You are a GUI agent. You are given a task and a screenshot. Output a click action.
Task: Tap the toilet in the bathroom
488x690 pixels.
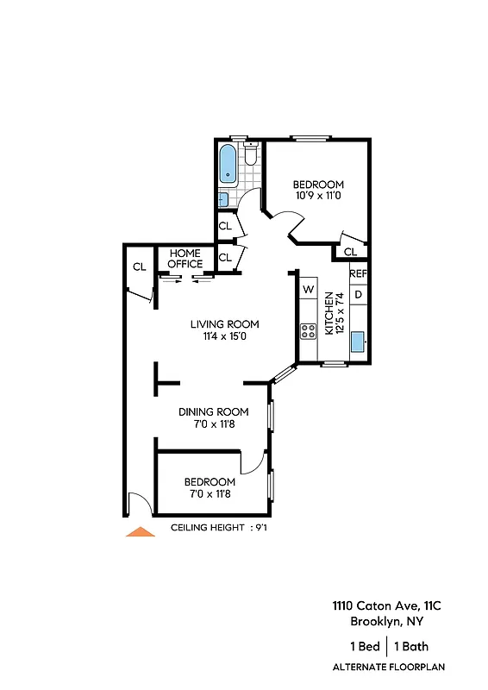[250, 154]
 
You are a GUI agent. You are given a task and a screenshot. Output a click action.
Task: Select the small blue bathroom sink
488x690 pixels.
[222, 198]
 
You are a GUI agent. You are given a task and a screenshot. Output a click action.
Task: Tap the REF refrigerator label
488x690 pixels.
[359, 274]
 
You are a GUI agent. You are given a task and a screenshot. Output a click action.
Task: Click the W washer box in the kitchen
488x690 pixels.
[308, 291]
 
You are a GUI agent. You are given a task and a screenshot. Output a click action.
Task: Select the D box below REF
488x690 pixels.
[359, 295]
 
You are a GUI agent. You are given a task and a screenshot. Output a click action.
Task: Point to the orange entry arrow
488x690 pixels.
[141, 532]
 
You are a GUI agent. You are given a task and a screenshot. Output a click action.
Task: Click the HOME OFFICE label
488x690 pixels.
[185, 259]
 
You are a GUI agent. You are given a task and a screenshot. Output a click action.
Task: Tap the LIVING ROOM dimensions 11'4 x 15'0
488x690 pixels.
[224, 337]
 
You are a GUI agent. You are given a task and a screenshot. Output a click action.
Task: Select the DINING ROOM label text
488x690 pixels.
[213, 411]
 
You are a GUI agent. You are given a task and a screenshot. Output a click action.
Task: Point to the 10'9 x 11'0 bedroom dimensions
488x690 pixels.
[318, 196]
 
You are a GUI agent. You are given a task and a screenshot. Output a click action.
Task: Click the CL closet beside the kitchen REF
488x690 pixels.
[350, 252]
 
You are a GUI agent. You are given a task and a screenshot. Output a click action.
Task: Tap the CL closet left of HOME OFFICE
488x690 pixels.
[139, 267]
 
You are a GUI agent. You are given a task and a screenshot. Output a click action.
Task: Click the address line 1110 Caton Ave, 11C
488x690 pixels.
[379, 606]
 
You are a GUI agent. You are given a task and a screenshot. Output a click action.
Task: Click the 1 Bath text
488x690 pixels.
[411, 646]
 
